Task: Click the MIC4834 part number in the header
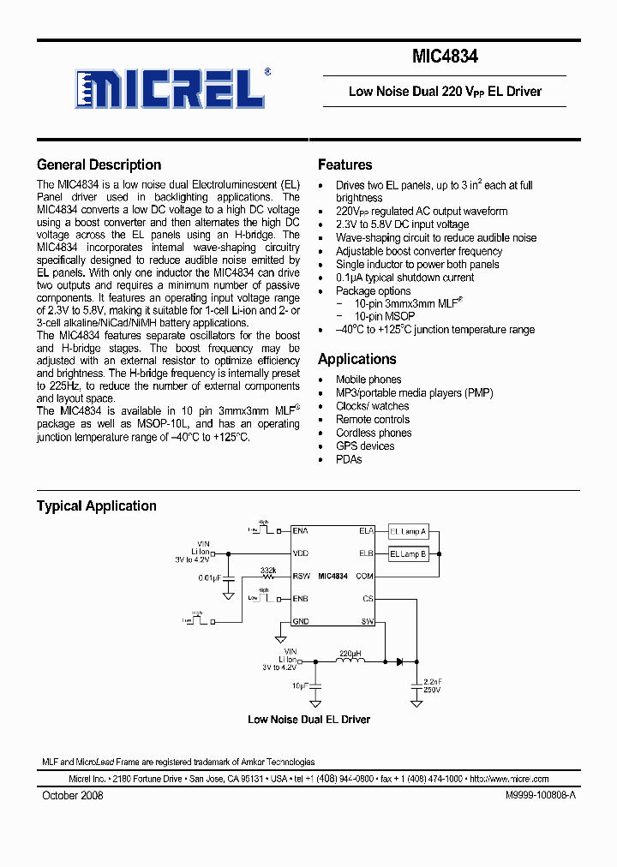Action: [x=445, y=57]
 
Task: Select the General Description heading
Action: [x=99, y=165]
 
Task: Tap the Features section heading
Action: [x=344, y=165]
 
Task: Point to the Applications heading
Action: [x=356, y=360]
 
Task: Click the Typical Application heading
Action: [x=96, y=506]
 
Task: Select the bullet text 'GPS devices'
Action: [x=365, y=446]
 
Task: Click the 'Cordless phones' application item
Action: [x=374, y=433]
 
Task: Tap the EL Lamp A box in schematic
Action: [x=408, y=531]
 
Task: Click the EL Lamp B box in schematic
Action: [x=408, y=554]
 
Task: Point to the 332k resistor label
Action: [x=267, y=570]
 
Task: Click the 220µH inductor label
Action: [x=351, y=653]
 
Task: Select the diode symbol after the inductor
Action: [x=399, y=661]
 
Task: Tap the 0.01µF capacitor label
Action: [x=210, y=578]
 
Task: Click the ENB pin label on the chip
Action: [x=301, y=598]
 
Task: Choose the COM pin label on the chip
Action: [x=366, y=577]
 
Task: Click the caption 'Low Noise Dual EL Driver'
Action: [x=308, y=720]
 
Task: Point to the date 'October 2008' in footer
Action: [x=73, y=796]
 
